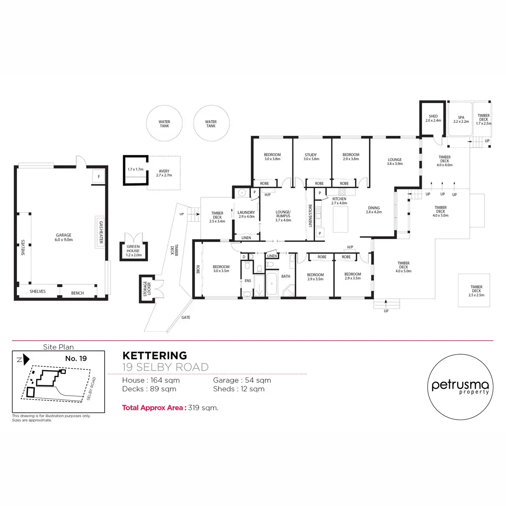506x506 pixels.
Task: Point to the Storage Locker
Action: coord(147,288)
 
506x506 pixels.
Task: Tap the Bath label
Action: coord(286,277)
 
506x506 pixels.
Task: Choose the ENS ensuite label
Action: coord(248,281)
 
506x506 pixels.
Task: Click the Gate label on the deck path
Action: coord(186,318)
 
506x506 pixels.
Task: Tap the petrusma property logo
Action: coord(460,385)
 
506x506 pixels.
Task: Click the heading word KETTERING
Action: coord(154,356)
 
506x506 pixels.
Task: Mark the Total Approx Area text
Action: coord(170,408)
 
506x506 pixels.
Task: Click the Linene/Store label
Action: coord(310,216)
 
